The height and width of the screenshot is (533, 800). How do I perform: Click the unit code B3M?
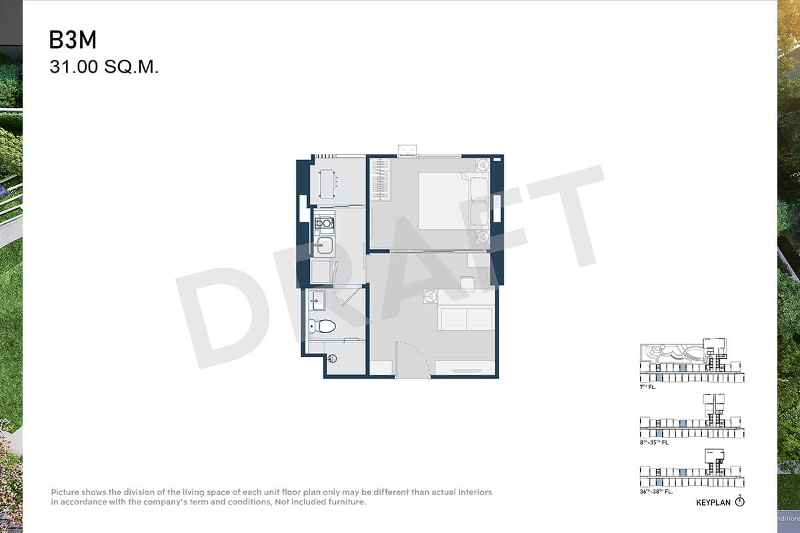73,39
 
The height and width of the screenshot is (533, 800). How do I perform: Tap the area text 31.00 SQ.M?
104,67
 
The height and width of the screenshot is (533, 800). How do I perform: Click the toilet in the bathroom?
322,326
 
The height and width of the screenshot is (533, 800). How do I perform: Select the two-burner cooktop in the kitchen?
324,223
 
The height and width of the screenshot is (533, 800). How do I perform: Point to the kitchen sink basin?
325,246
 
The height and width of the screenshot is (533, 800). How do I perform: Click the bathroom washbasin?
317,300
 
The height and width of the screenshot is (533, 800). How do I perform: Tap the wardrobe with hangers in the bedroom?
381,180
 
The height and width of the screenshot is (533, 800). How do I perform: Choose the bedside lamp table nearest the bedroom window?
483,165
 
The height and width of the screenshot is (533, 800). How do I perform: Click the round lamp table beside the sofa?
431,296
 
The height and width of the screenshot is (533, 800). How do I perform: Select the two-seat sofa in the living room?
466,318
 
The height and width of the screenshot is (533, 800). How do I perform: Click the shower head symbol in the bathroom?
332,358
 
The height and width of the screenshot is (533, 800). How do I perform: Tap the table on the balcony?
327,184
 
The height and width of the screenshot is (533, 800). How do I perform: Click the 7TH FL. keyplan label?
648,387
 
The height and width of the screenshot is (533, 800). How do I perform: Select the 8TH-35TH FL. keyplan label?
655,442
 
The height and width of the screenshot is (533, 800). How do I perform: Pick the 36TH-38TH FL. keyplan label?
656,492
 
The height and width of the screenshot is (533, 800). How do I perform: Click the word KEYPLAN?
713,502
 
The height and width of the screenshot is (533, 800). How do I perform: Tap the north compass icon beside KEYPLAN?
739,502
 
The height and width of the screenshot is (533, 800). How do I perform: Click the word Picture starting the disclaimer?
65,492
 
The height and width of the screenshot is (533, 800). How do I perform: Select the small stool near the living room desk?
467,284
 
